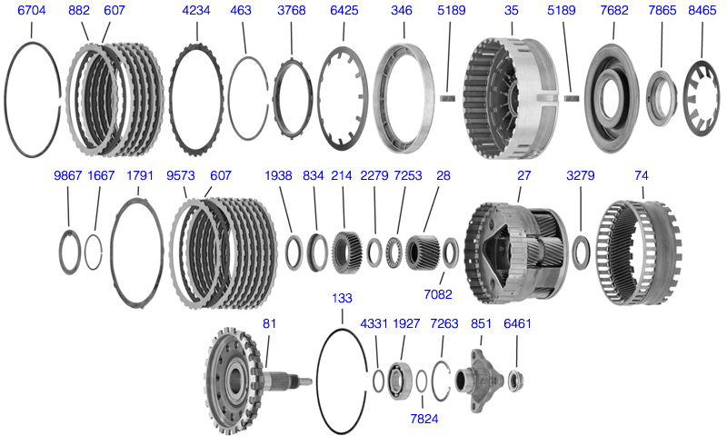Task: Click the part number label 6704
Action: [32, 10]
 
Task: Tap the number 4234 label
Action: [196, 10]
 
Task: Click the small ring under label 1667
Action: [85, 252]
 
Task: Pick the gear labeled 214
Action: [344, 252]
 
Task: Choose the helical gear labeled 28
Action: [423, 252]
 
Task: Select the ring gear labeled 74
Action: [640, 252]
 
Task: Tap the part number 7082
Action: [438, 294]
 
